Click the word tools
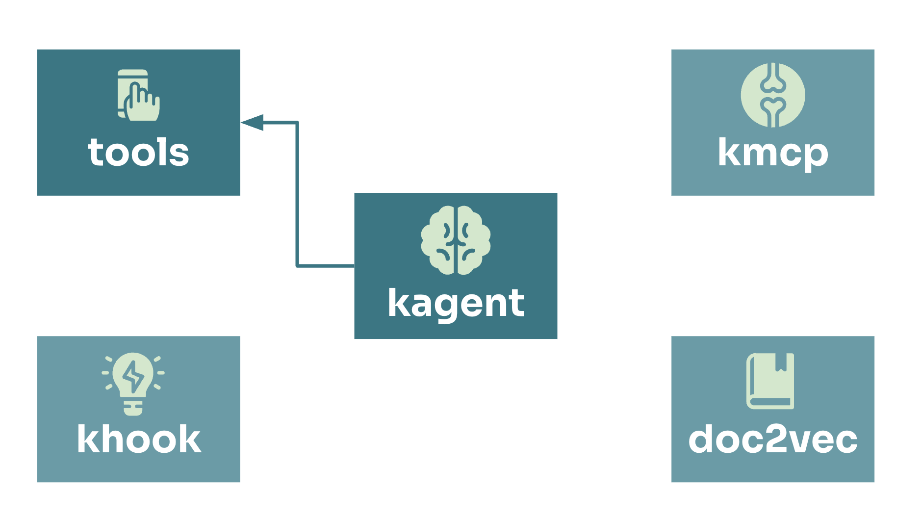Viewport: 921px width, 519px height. (138, 152)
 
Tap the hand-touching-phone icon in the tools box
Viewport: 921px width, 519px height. (138, 95)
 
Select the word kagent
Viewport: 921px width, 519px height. (456, 304)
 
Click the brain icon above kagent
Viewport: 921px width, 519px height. (456, 240)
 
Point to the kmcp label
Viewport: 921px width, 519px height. (773, 154)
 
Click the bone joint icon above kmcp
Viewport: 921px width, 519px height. (773, 95)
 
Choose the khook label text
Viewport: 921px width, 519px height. (139, 439)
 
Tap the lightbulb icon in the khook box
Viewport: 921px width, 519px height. (133, 384)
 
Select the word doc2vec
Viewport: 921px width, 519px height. (773, 440)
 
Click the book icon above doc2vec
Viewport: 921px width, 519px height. (770, 381)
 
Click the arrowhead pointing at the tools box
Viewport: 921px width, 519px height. (252, 122)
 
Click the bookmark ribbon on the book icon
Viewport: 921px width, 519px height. (781, 362)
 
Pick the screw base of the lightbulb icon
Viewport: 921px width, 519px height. (133, 408)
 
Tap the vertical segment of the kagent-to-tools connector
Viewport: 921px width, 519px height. (297, 194)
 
